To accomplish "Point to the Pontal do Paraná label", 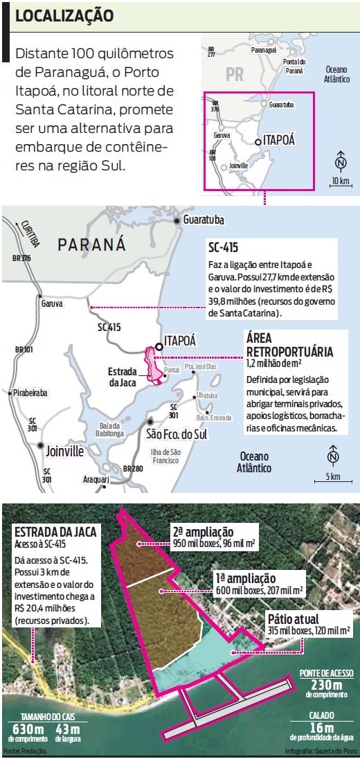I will pos(295,67).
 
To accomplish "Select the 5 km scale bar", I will pos(333,479).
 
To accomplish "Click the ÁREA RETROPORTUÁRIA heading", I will pos(289,345).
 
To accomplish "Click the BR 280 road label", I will pos(132,469).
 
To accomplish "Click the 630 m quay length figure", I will pos(29,729).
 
